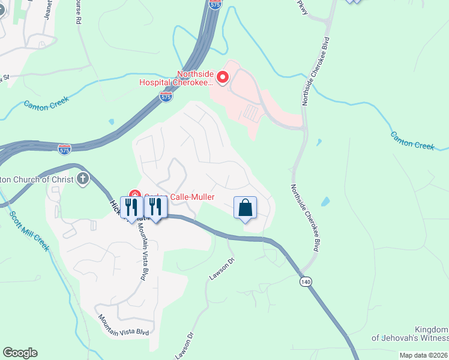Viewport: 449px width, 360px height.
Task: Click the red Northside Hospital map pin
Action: coord(222,77)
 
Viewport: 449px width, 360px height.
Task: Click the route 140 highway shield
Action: coord(306,281)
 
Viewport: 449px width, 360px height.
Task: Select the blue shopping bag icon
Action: coord(245,208)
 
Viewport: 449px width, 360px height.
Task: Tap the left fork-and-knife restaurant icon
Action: coord(131,207)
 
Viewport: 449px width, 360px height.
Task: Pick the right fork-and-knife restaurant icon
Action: coord(155,207)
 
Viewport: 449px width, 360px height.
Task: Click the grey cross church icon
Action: coord(82,178)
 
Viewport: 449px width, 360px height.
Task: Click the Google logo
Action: coord(20,353)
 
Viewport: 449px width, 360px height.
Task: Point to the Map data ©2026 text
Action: coord(424,355)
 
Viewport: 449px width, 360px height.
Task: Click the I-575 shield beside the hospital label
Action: coord(166,97)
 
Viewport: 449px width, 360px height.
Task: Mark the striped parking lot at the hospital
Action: coord(252,112)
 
